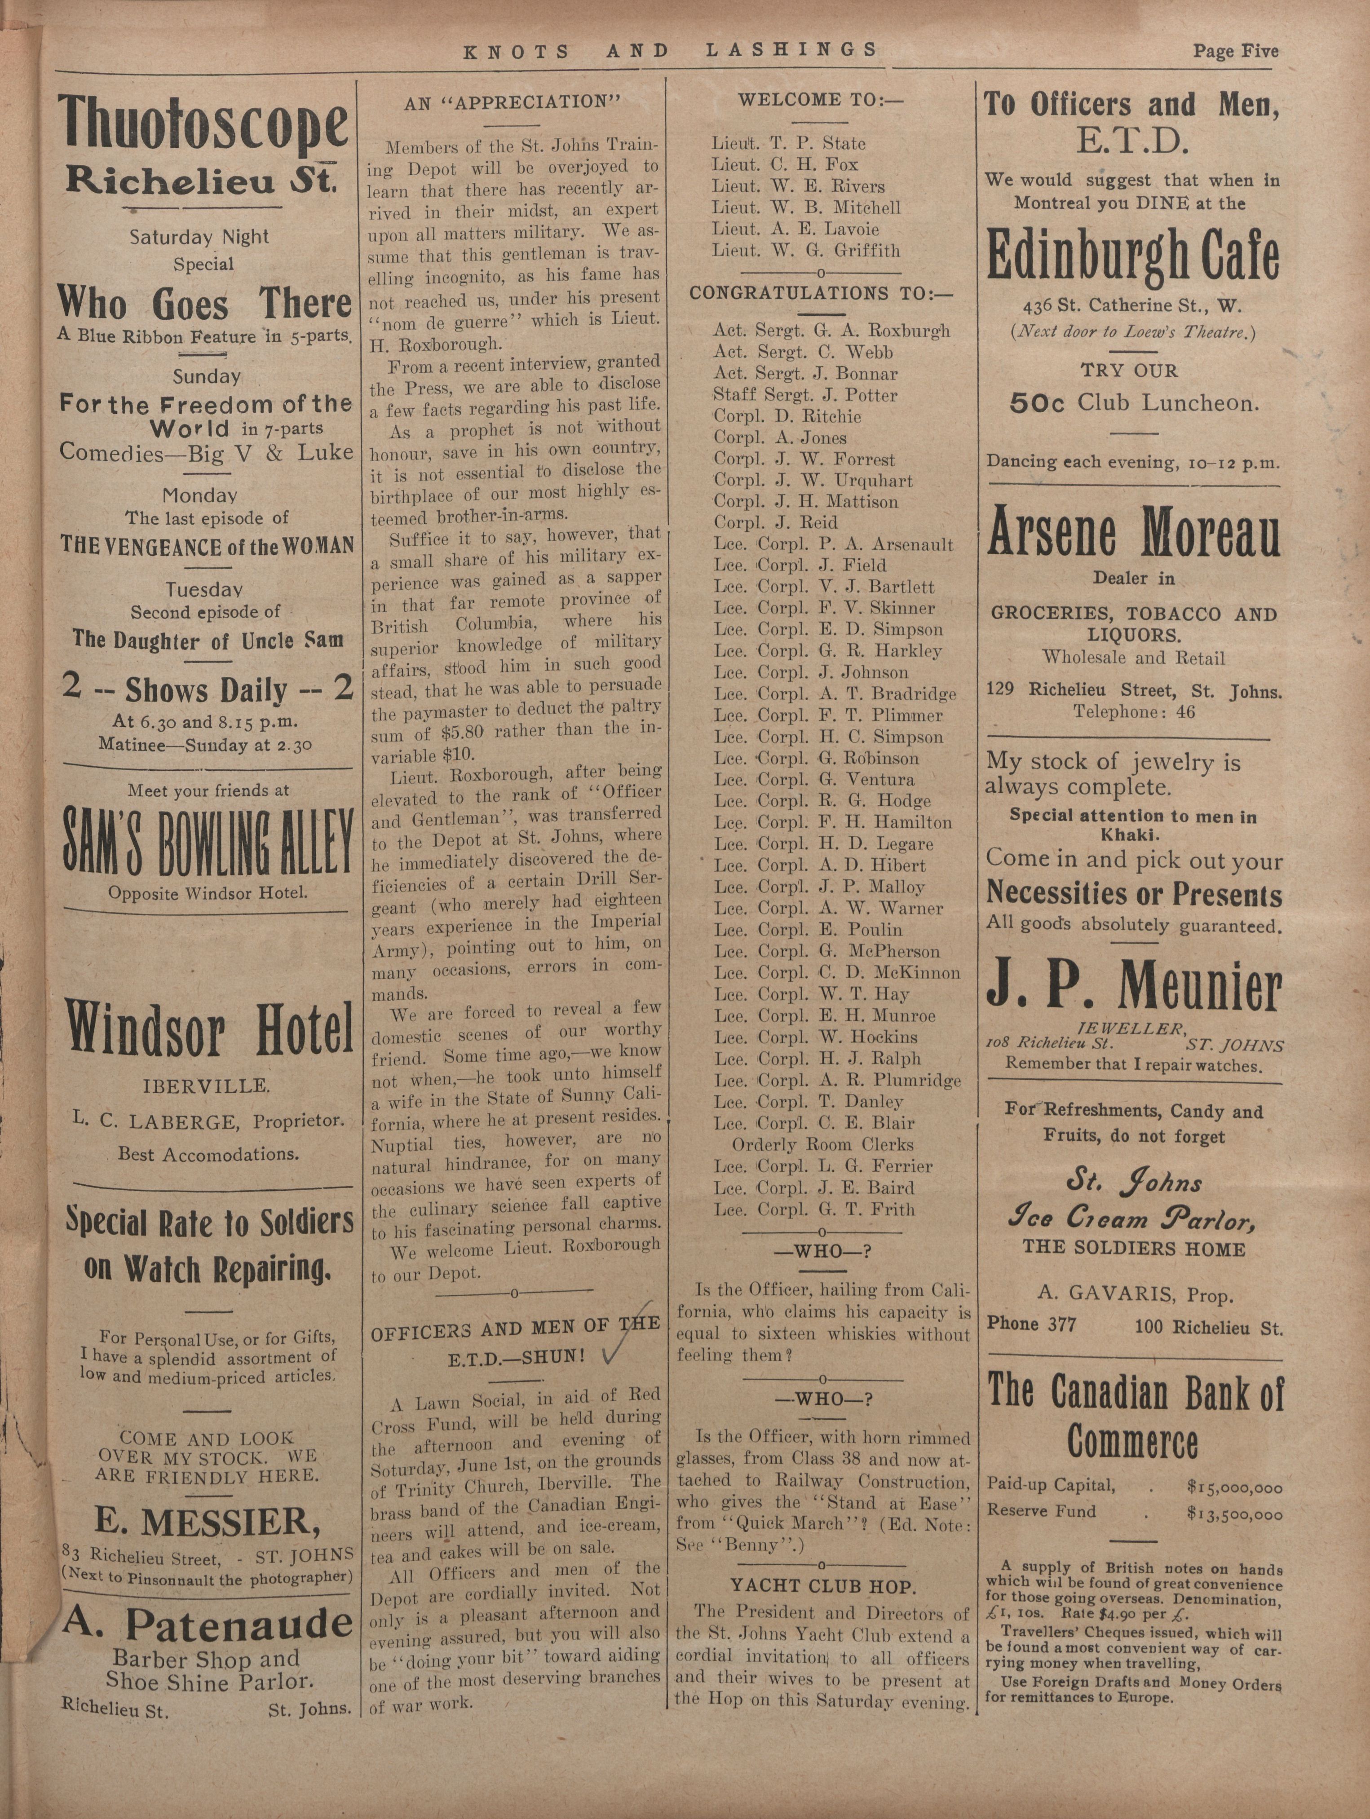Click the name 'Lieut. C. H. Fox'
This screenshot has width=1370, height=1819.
(x=785, y=164)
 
